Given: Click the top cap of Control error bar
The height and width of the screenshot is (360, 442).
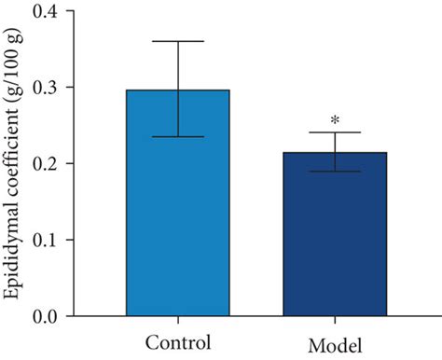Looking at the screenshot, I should [x=178, y=41].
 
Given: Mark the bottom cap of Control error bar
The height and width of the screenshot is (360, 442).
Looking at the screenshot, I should [x=178, y=137].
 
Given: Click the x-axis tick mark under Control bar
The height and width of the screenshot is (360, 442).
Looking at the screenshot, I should [x=178, y=321].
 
